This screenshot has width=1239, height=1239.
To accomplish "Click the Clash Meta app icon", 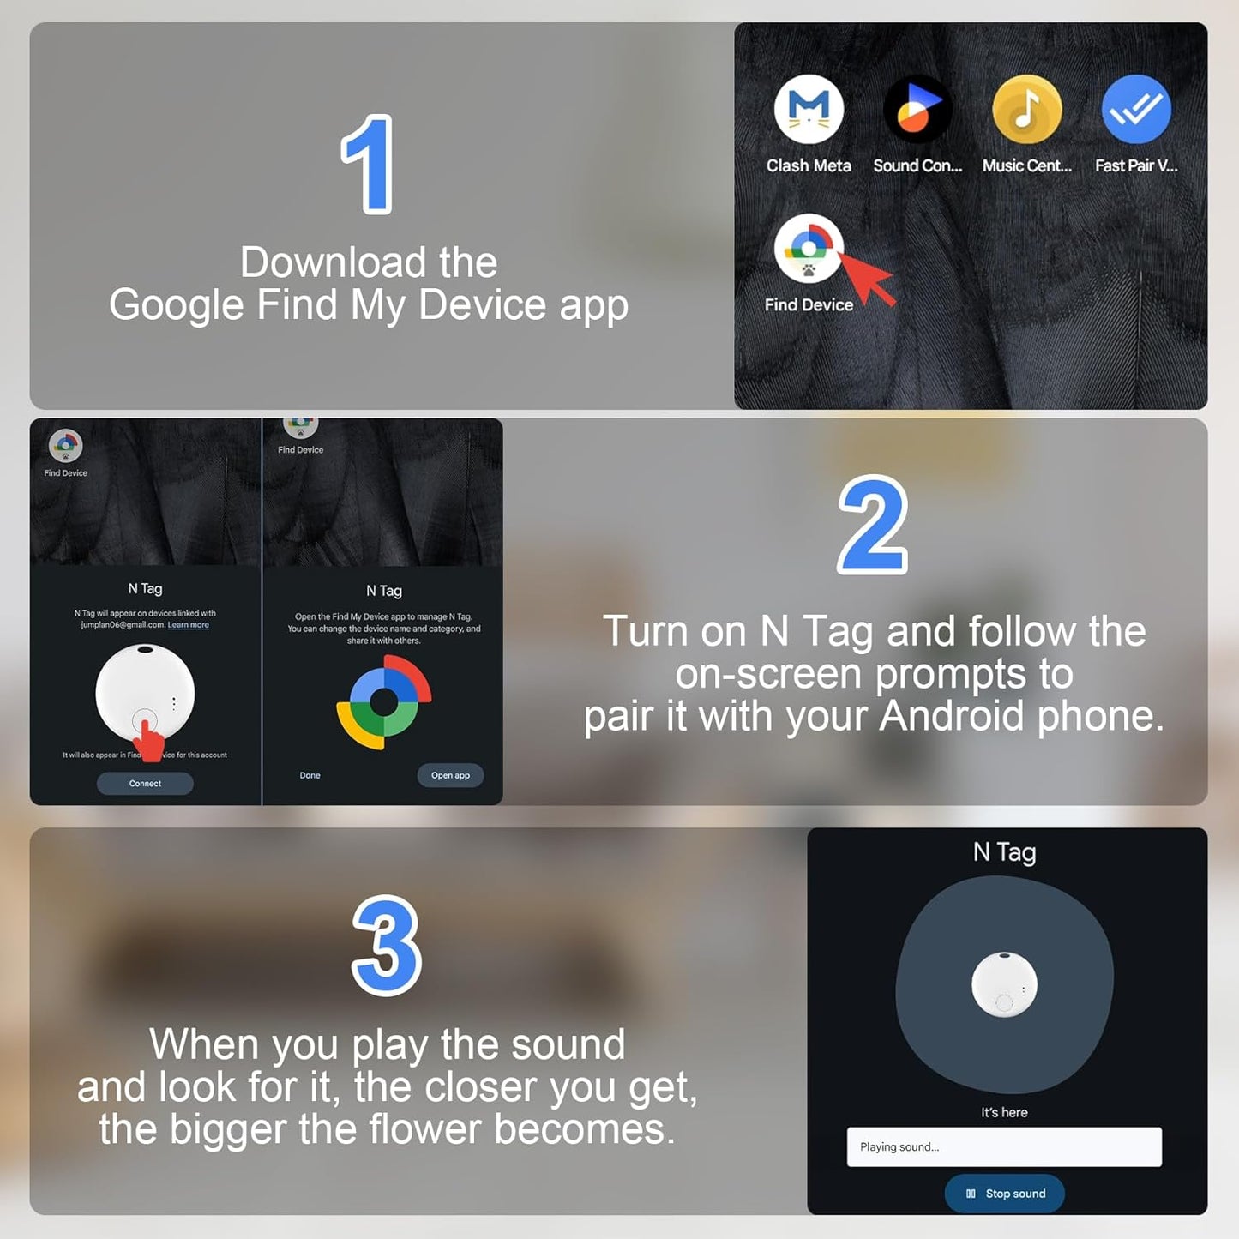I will point(809,109).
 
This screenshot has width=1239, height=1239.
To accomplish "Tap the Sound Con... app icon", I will point(917,109).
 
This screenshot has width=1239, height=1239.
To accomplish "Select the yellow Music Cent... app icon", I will point(1026,109).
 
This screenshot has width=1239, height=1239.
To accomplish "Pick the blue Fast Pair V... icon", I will point(1136,109).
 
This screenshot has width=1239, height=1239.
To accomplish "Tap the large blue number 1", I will point(368,164).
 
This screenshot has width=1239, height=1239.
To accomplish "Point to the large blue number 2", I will point(873,525).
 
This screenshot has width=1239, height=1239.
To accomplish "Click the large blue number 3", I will point(387,946).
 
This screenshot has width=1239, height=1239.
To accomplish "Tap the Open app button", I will point(450,775).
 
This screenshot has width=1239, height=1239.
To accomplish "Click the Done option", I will point(310,775).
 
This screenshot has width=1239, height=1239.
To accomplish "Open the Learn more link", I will point(189,625).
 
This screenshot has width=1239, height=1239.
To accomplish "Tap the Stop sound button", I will point(1004,1194).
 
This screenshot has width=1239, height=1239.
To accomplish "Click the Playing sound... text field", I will point(1004,1147).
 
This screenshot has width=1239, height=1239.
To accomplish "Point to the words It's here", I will point(1004,1112).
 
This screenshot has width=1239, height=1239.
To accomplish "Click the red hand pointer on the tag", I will point(150,739).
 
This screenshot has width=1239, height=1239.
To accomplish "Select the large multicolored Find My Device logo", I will point(383,702).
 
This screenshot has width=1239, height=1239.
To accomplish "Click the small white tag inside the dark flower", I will point(1004,984).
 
